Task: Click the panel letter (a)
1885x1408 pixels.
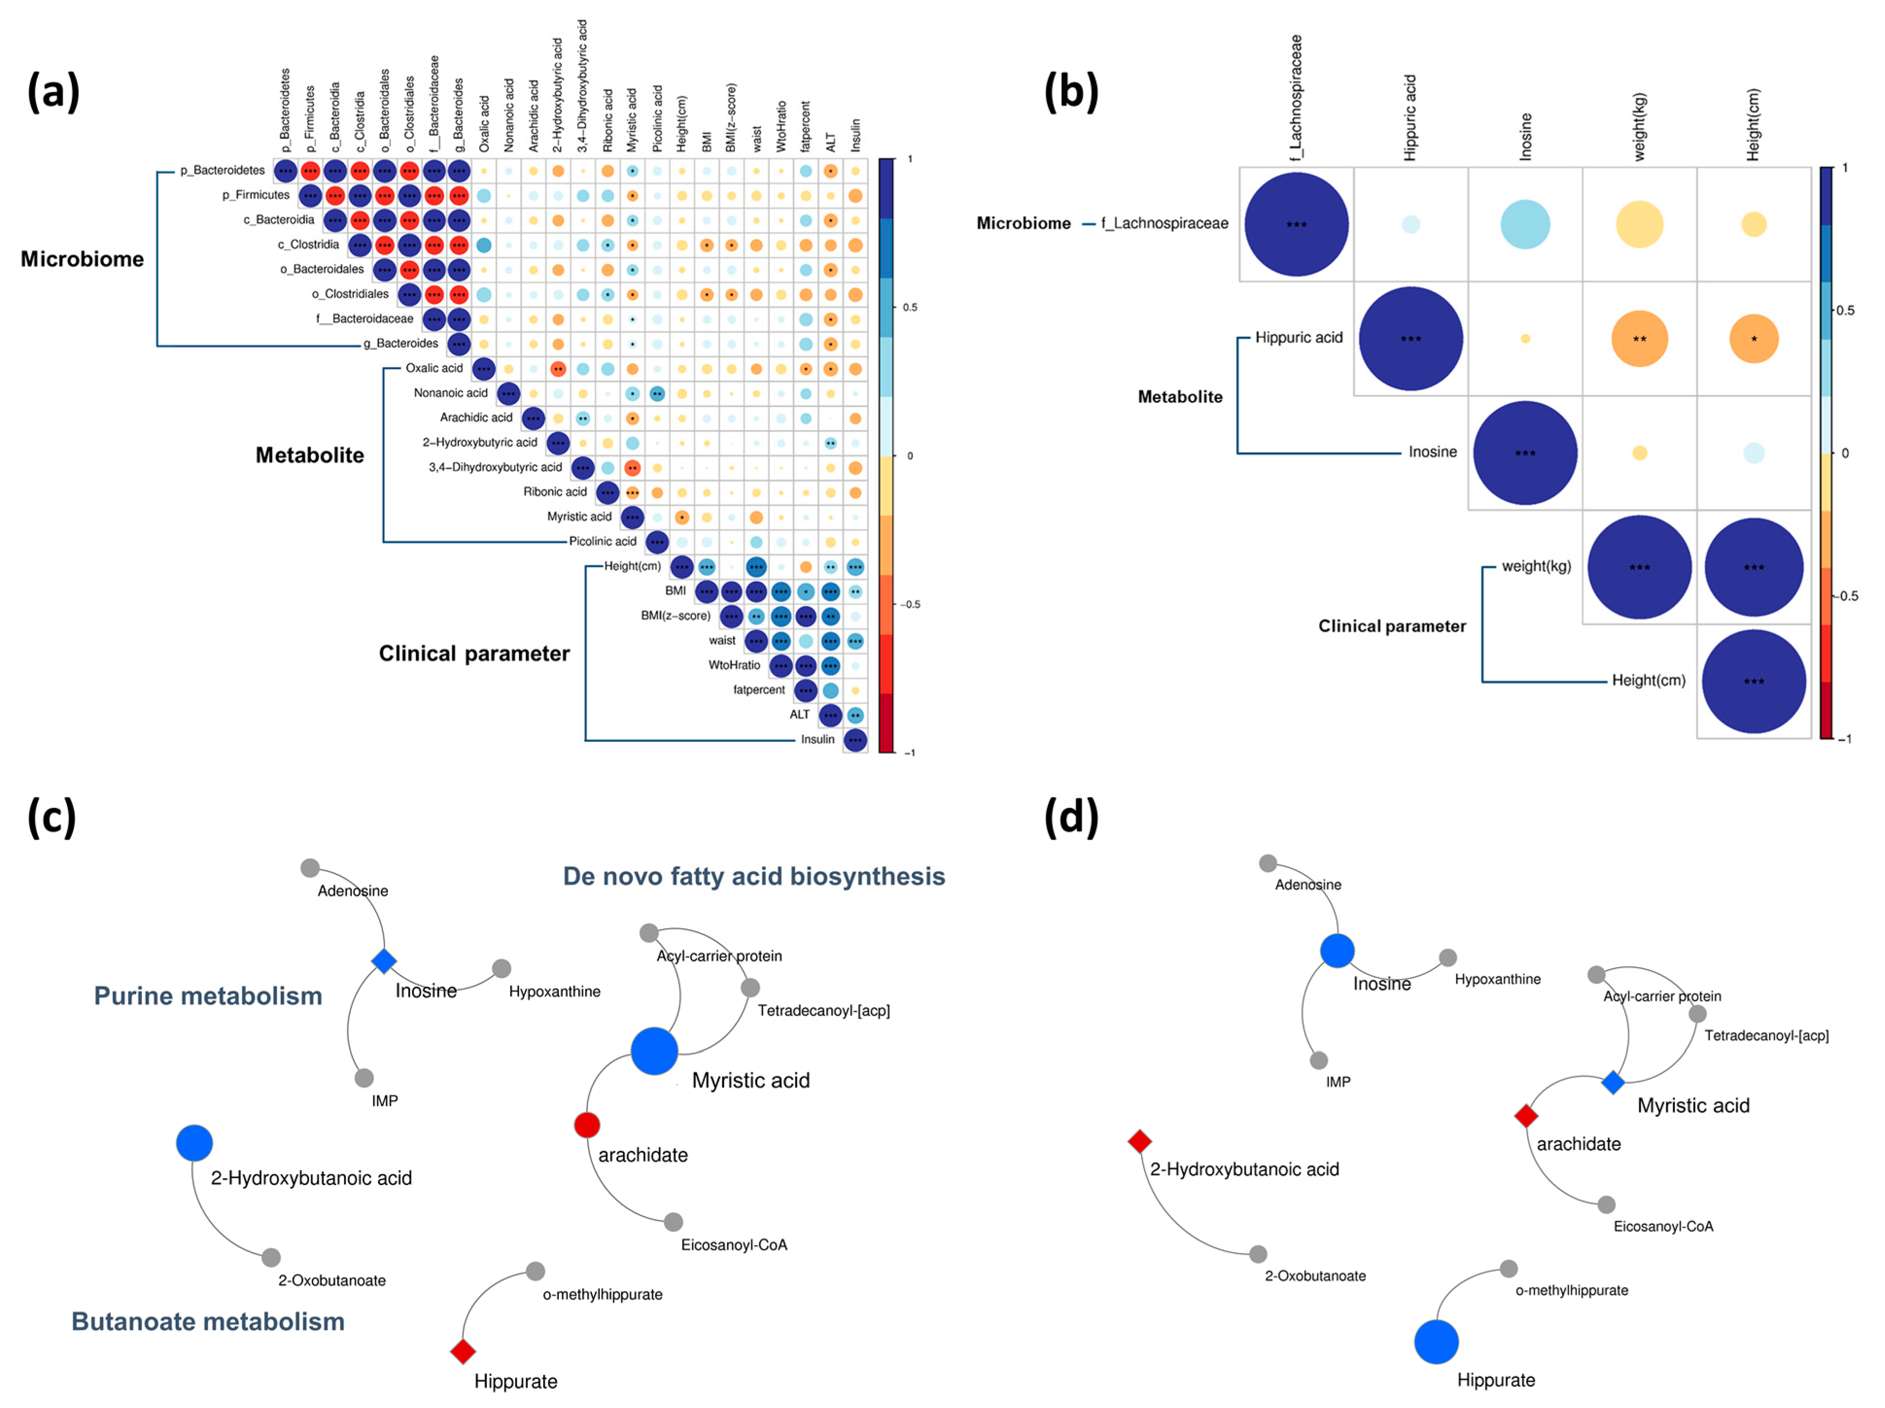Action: pyautogui.click(x=53, y=91)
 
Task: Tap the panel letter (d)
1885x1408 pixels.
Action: pyautogui.click(x=1071, y=817)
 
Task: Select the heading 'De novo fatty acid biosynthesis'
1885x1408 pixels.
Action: pyautogui.click(x=753, y=876)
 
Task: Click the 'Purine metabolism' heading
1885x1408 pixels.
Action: pyautogui.click(x=208, y=995)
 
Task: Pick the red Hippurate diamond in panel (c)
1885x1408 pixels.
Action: pyautogui.click(x=463, y=1351)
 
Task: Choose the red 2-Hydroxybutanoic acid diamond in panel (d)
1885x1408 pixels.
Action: pyautogui.click(x=1140, y=1141)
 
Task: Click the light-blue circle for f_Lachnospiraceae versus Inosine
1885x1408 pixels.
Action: pyautogui.click(x=1524, y=224)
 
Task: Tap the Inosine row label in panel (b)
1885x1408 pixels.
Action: pyautogui.click(x=1433, y=452)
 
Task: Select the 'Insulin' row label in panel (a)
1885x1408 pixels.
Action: pyautogui.click(x=817, y=739)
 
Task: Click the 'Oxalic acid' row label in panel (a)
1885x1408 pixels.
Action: pyautogui.click(x=434, y=368)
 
